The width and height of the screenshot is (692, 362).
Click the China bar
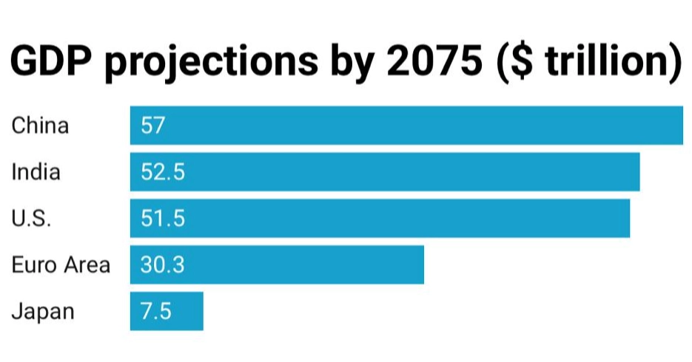pos(406,126)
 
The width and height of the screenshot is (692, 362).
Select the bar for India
pos(385,172)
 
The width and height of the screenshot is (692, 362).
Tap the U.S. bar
pos(380,219)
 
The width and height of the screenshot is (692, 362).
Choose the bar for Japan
pos(167,311)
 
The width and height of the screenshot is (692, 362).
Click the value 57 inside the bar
pos(152,126)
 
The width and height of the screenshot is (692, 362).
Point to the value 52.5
pos(162,173)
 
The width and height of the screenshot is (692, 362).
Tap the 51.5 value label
pos(162,219)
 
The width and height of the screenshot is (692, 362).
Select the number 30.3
pos(162,265)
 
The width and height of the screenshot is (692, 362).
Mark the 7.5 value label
pos(156,312)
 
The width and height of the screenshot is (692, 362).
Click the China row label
pos(40,126)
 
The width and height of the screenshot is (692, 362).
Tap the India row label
pos(36,172)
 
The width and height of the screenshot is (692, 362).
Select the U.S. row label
pos(31,219)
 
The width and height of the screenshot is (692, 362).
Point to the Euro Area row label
pos(61,264)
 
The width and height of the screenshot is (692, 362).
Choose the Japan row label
pos(43,311)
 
